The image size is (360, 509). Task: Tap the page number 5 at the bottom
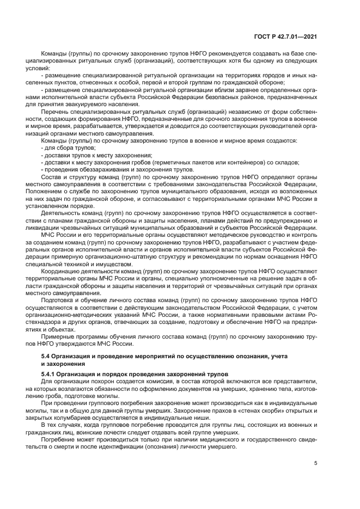coord(315,464)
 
